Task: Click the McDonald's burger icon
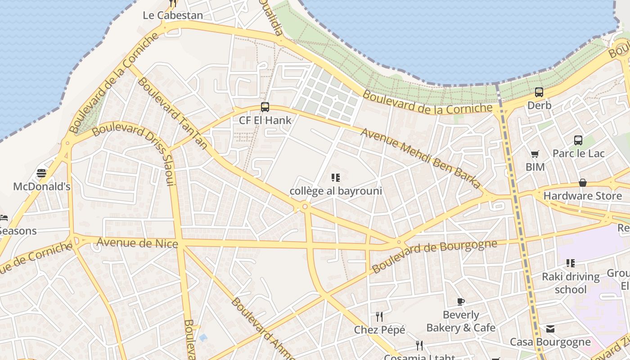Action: [x=41, y=173]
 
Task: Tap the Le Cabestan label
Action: [x=173, y=15]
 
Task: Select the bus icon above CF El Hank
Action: [x=265, y=107]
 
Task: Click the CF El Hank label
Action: [x=265, y=120]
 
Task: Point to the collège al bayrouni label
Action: [x=336, y=191]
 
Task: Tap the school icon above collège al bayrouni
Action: [x=336, y=178]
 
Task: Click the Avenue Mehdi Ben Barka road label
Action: [x=421, y=157]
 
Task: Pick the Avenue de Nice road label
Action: [x=137, y=243]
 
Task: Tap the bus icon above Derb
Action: [x=539, y=92]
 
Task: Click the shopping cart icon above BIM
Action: [x=535, y=154]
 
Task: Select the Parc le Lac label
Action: [x=578, y=153]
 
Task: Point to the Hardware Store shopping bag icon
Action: [x=583, y=183]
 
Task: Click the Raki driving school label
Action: [x=571, y=283]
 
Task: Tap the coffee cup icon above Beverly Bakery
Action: [x=461, y=301]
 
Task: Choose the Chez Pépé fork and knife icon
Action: [x=379, y=317]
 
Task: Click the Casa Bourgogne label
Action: [x=550, y=342]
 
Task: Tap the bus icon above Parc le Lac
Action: [x=578, y=140]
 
